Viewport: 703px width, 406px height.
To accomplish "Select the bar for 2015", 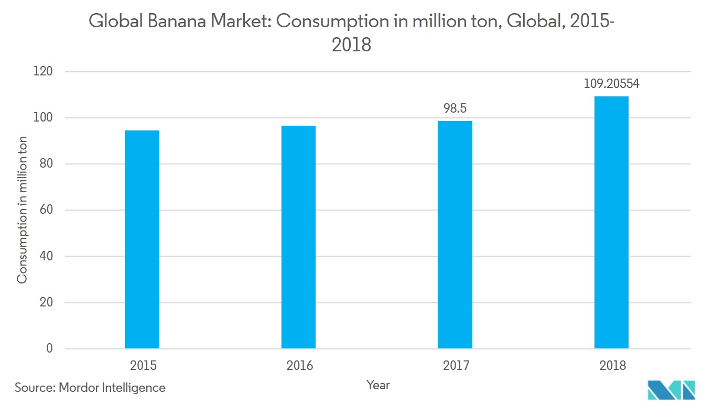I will pyautogui.click(x=142, y=239).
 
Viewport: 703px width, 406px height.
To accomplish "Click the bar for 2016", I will pyautogui.click(x=298, y=237).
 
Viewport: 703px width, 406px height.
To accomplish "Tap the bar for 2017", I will pyautogui.click(x=455, y=235).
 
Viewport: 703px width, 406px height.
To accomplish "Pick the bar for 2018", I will pyautogui.click(x=611, y=223).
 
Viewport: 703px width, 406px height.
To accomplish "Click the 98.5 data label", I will pyautogui.click(x=455, y=108).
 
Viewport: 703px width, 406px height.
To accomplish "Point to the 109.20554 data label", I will pyautogui.click(x=611, y=84).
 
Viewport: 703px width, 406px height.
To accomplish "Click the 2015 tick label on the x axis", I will pyautogui.click(x=143, y=365).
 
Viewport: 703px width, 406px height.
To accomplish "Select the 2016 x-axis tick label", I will pyautogui.click(x=299, y=365).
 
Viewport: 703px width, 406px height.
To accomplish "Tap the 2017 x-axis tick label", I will pyautogui.click(x=456, y=365).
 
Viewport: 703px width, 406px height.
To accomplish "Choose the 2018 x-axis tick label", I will pyautogui.click(x=612, y=365).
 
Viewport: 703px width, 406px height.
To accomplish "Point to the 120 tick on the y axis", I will pyautogui.click(x=44, y=71).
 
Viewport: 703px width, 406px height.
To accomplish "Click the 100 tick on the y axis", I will pyautogui.click(x=44, y=117).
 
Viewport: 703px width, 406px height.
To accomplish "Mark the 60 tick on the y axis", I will pyautogui.click(x=46, y=210).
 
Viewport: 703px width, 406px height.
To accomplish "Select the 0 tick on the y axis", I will pyautogui.click(x=49, y=348).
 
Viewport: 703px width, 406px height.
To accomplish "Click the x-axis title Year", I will pyautogui.click(x=378, y=385).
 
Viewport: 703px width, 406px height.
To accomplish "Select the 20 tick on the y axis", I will pyautogui.click(x=46, y=302).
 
